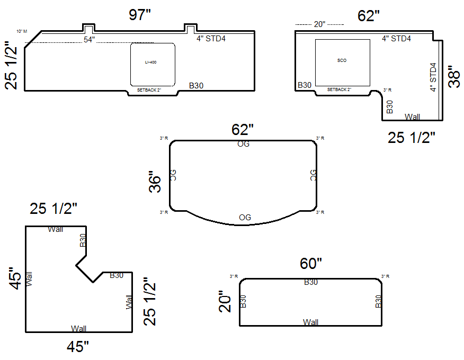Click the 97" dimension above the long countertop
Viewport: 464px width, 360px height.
(x=140, y=15)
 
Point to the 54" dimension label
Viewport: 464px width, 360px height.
(x=89, y=40)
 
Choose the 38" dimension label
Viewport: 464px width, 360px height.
(x=453, y=77)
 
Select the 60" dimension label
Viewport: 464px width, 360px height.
(x=311, y=263)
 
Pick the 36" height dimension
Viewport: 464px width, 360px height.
(x=155, y=182)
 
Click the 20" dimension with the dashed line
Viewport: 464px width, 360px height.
(x=319, y=24)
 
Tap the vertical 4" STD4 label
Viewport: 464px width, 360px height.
(x=433, y=77)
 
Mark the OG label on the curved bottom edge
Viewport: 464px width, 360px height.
(x=245, y=217)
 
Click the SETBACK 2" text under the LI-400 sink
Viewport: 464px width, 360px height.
(x=149, y=91)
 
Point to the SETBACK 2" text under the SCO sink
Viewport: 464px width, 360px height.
(x=339, y=90)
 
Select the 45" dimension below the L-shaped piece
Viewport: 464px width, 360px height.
(x=78, y=347)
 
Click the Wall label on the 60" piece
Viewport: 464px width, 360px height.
(x=310, y=322)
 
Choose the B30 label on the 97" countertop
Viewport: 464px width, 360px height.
(x=197, y=85)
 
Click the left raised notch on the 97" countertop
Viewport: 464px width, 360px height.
(x=88, y=28)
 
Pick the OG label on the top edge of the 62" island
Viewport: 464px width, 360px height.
(x=243, y=144)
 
